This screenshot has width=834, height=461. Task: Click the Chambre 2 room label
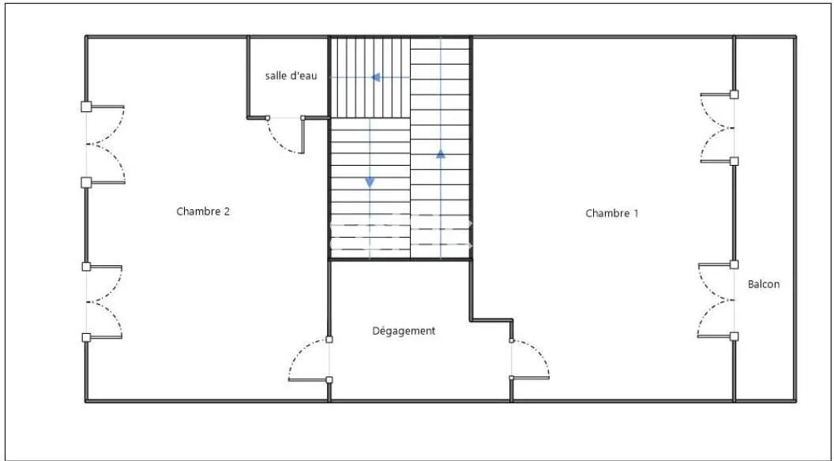point(203,211)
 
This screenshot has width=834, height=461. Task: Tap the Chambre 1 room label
point(611,213)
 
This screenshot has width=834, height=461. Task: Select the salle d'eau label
point(291,76)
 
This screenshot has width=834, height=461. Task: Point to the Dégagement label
point(404,331)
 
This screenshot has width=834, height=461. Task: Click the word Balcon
point(764,284)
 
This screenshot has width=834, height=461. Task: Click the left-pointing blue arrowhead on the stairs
point(375,77)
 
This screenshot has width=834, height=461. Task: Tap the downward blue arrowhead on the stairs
point(370,182)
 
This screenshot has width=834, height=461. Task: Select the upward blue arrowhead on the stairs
point(441,154)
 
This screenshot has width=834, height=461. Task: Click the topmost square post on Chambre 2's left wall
point(86,107)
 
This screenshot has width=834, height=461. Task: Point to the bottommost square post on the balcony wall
point(734,336)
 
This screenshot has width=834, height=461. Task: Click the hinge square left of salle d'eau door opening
point(268,118)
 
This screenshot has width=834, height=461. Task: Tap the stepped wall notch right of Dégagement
point(491,320)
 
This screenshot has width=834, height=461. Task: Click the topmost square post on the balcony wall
point(734,95)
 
